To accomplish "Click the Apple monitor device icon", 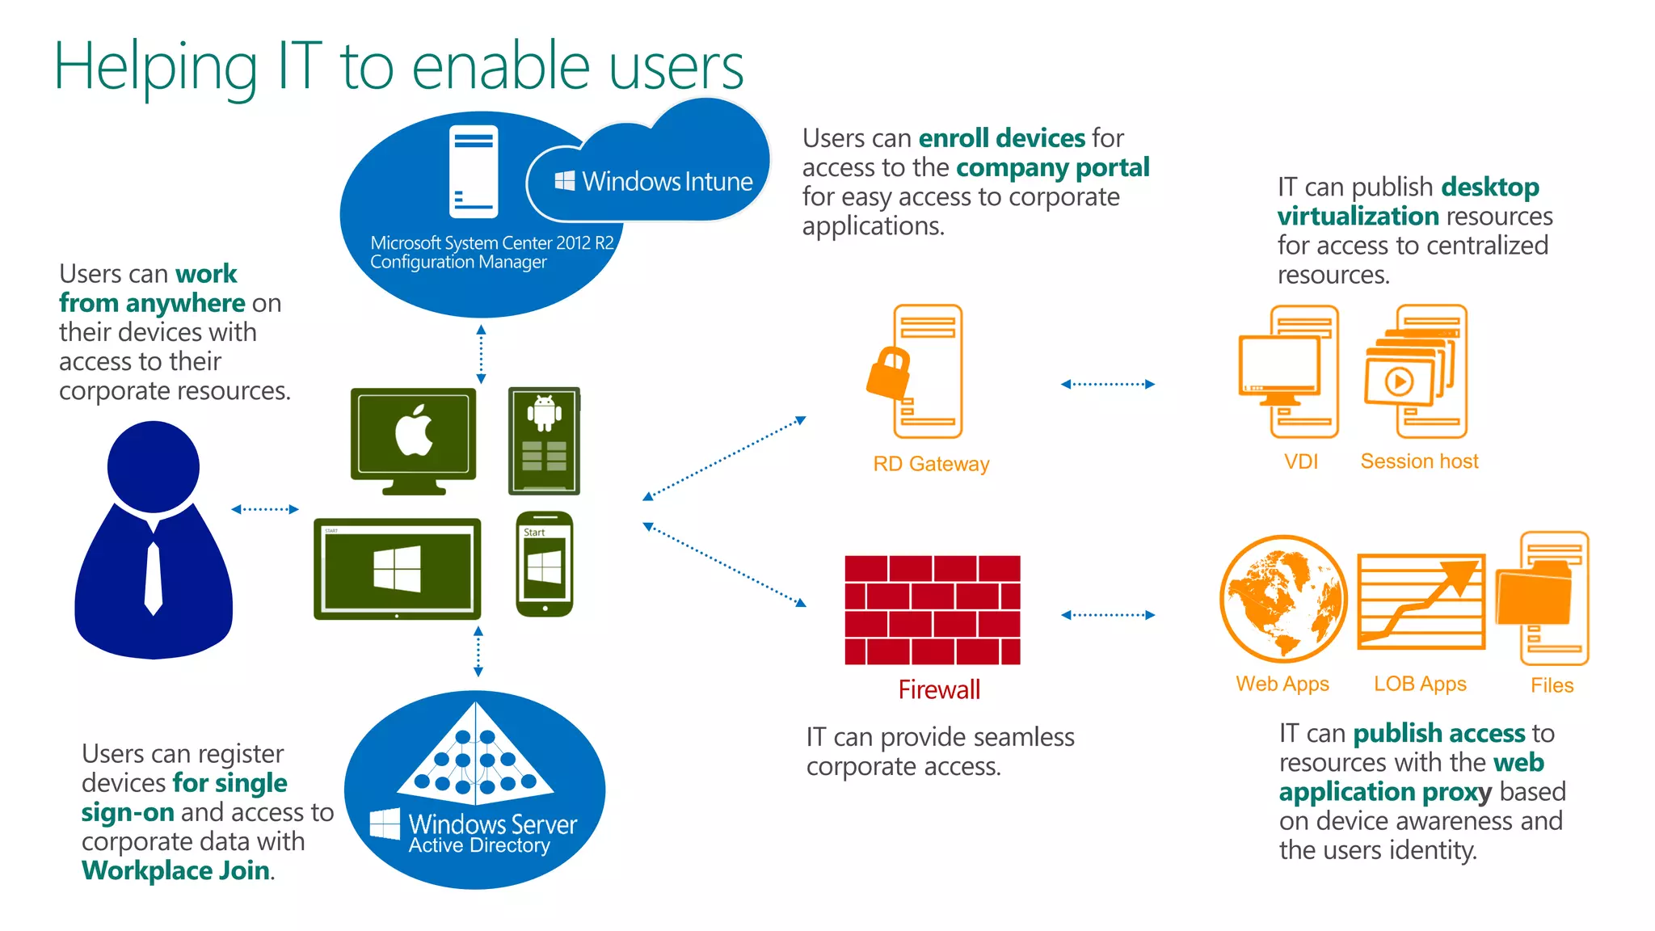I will point(413,440).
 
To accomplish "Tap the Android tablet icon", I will point(544,440).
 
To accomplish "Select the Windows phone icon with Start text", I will point(544,563).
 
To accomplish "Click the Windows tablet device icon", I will point(397,569).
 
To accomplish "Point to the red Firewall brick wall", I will point(932,609).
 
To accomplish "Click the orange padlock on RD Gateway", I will point(888,373).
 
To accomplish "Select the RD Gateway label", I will point(931,464).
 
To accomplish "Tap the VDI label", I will point(1300,461).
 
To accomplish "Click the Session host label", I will point(1419,461).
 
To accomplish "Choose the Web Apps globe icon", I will point(1282,598).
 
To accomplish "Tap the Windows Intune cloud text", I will point(667,181).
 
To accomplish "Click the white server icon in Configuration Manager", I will point(474,171).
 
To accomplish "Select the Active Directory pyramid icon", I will point(475,755).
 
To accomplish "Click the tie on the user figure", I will point(154,577).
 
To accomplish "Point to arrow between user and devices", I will point(265,509).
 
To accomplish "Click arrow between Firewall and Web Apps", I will point(1107,615).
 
